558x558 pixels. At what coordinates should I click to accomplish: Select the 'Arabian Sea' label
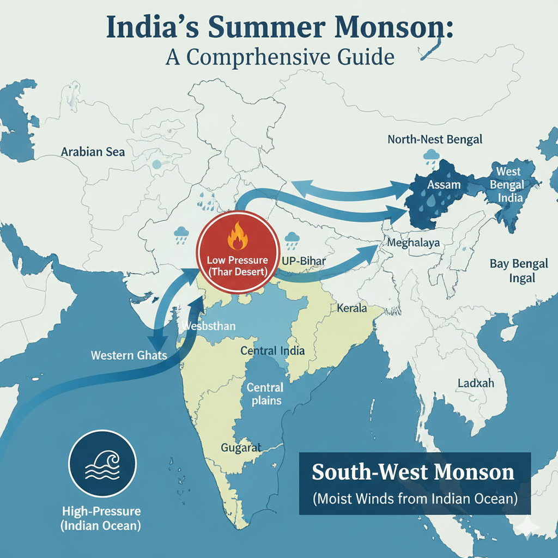click(93, 151)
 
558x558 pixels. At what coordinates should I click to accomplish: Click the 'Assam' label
click(444, 185)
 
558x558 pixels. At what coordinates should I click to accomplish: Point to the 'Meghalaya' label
click(413, 243)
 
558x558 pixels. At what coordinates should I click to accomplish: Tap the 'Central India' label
click(272, 350)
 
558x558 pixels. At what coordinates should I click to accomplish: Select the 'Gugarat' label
click(241, 448)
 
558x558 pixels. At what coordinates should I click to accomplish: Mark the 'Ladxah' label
click(476, 383)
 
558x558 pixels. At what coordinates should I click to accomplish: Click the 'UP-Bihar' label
click(304, 261)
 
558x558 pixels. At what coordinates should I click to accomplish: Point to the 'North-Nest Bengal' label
click(435, 139)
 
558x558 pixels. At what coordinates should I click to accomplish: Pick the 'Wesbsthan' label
click(208, 326)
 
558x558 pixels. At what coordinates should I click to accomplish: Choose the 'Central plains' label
click(265, 394)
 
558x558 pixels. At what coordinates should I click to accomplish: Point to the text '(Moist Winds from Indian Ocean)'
click(414, 498)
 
